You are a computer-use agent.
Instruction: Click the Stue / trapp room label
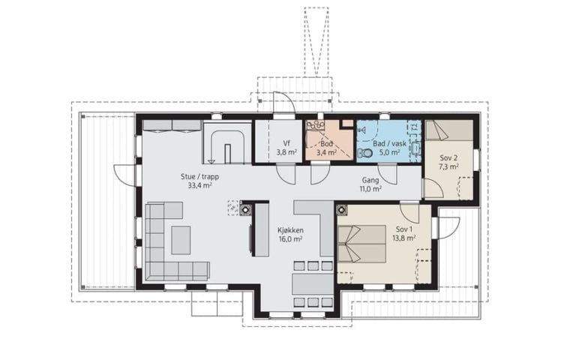(199, 177)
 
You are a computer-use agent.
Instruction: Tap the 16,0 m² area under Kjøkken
(290, 238)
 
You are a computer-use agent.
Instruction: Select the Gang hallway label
(370, 180)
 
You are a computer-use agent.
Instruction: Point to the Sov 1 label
(404, 229)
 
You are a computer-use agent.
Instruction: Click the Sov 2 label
(448, 158)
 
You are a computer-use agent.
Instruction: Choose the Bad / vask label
(390, 144)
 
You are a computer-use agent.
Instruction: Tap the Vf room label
(286, 143)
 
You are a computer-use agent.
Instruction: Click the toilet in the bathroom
(366, 153)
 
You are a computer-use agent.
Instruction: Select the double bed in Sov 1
(361, 244)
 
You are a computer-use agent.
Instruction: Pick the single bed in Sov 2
(449, 130)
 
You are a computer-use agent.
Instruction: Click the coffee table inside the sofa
(181, 240)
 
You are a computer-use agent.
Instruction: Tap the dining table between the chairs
(313, 284)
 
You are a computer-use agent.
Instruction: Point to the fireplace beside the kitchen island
(244, 209)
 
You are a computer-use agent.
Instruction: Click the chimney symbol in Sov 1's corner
(342, 210)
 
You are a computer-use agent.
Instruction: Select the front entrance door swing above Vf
(283, 101)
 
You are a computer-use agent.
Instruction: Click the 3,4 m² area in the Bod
(327, 152)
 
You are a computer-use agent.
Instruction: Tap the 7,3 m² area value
(448, 166)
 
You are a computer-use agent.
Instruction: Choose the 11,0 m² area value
(370, 189)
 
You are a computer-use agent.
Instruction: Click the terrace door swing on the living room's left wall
(125, 175)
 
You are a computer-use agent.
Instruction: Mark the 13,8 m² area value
(403, 238)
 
